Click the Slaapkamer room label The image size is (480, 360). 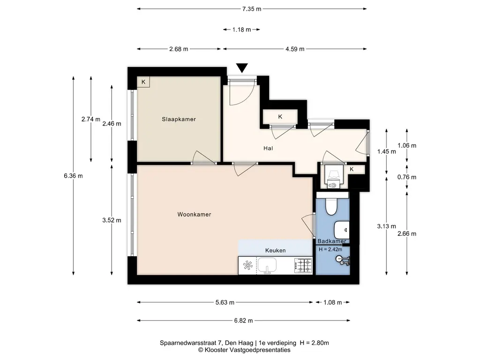pos(179,119)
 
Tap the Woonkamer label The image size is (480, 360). pos(194,214)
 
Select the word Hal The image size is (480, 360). pos(268,148)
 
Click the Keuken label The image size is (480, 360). pos(276,250)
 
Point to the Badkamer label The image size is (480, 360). pos(332,241)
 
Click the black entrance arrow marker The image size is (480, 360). pos(242,68)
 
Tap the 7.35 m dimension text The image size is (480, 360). pos(252,9)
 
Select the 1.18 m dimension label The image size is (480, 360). pos(241,30)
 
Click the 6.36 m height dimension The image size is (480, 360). pos(73,176)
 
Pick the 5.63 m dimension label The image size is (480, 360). pos(225,302)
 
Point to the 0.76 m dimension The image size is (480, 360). pos(407,177)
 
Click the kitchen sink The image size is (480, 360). pos(267,265)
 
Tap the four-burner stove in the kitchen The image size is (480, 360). pos(303,266)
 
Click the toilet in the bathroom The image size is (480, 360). pos(330,207)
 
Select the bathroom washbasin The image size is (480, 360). pos(341,230)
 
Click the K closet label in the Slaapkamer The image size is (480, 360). pos(143,82)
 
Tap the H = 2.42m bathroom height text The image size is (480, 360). pos(330,249)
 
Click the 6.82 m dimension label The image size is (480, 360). pos(243,321)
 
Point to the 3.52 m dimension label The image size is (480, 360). pos(112,220)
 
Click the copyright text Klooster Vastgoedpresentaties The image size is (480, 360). pos(247,350)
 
